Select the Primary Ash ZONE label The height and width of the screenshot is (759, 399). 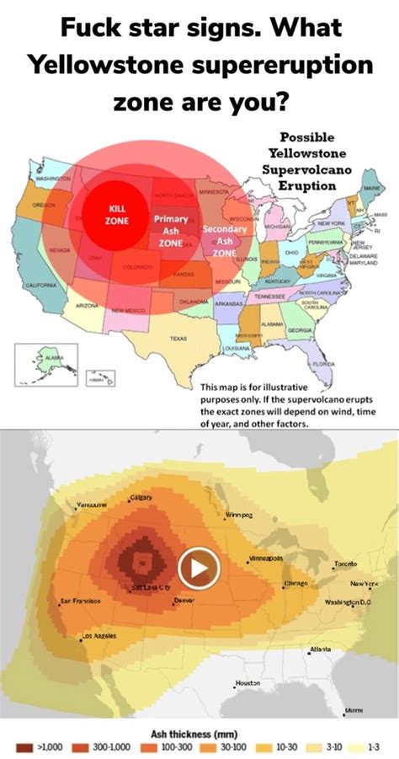[x=171, y=230]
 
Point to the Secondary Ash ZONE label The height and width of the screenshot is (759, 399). [x=225, y=240]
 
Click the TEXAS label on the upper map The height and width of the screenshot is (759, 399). [x=178, y=338]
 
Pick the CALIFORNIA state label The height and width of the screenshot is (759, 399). [x=40, y=286]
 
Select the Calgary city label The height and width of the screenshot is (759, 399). [x=141, y=498]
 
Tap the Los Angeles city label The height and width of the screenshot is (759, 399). [x=98, y=636]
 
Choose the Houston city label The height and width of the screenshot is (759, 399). [x=247, y=682]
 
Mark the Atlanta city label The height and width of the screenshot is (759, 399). [x=320, y=649]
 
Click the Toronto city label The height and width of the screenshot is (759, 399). [x=346, y=563]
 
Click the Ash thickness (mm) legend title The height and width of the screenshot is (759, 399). [x=199, y=731]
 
